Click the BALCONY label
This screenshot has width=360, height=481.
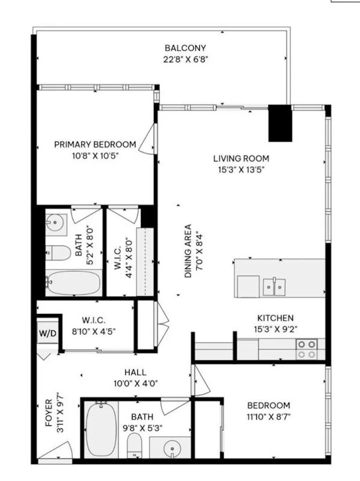point(185,48)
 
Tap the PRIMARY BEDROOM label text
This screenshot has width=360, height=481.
point(95,144)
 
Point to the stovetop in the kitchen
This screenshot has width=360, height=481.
point(307,349)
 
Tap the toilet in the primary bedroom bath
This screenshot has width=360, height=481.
point(58,253)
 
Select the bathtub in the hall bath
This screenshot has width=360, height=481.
point(101,429)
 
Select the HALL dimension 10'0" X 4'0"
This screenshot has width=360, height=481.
point(136,383)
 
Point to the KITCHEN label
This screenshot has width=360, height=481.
point(275,318)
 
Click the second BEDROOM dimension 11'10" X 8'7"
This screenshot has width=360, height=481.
point(269,417)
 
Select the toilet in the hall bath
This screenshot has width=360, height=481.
point(133,444)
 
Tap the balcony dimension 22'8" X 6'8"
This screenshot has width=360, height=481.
point(185,59)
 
